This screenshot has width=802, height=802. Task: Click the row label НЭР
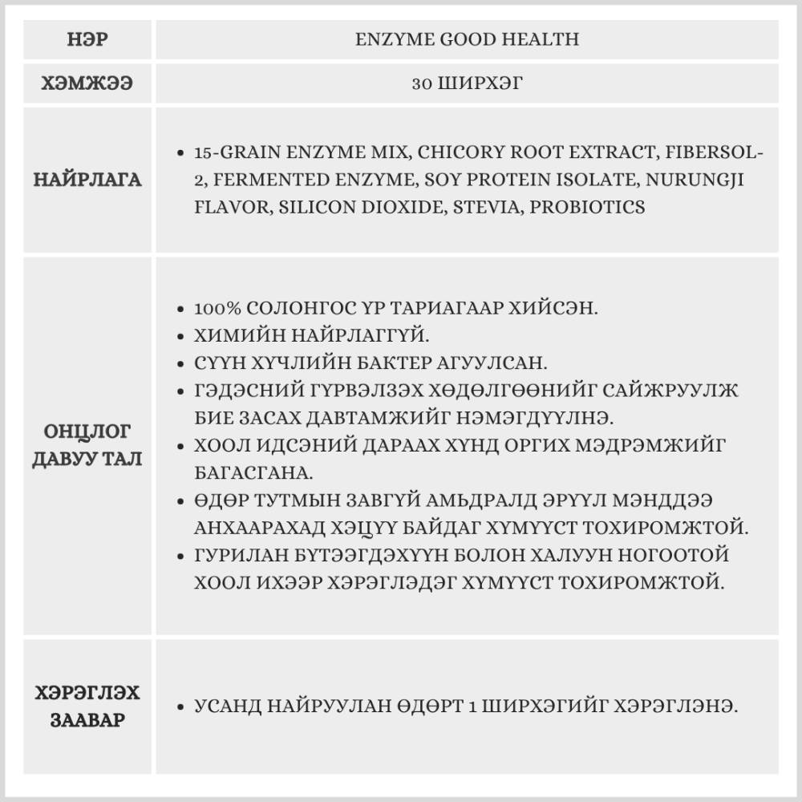click(x=87, y=39)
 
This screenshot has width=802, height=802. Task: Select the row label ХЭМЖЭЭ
click(x=87, y=83)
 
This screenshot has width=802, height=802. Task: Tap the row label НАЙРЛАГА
click(x=87, y=180)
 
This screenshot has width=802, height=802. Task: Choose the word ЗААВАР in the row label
click(x=87, y=719)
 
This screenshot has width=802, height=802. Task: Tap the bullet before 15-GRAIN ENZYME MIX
click(x=181, y=152)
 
